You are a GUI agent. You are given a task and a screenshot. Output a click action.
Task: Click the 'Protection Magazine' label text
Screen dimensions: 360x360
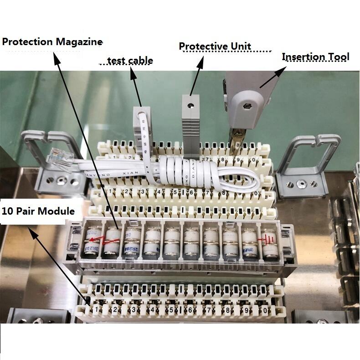pos(52,42)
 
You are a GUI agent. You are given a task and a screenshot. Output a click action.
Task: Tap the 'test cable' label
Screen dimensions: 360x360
pos(130,61)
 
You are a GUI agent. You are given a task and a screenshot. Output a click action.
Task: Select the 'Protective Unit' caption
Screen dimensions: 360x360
pos(215,46)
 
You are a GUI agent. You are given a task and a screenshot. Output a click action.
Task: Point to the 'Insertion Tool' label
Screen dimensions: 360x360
pos(315,57)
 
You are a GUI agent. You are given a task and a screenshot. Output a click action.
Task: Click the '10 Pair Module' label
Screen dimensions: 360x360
pos(38,211)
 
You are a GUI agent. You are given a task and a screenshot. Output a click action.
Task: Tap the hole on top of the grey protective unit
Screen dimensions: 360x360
pos(190,104)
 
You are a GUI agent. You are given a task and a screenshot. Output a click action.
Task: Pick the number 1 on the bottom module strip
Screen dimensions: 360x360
pos(97,310)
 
